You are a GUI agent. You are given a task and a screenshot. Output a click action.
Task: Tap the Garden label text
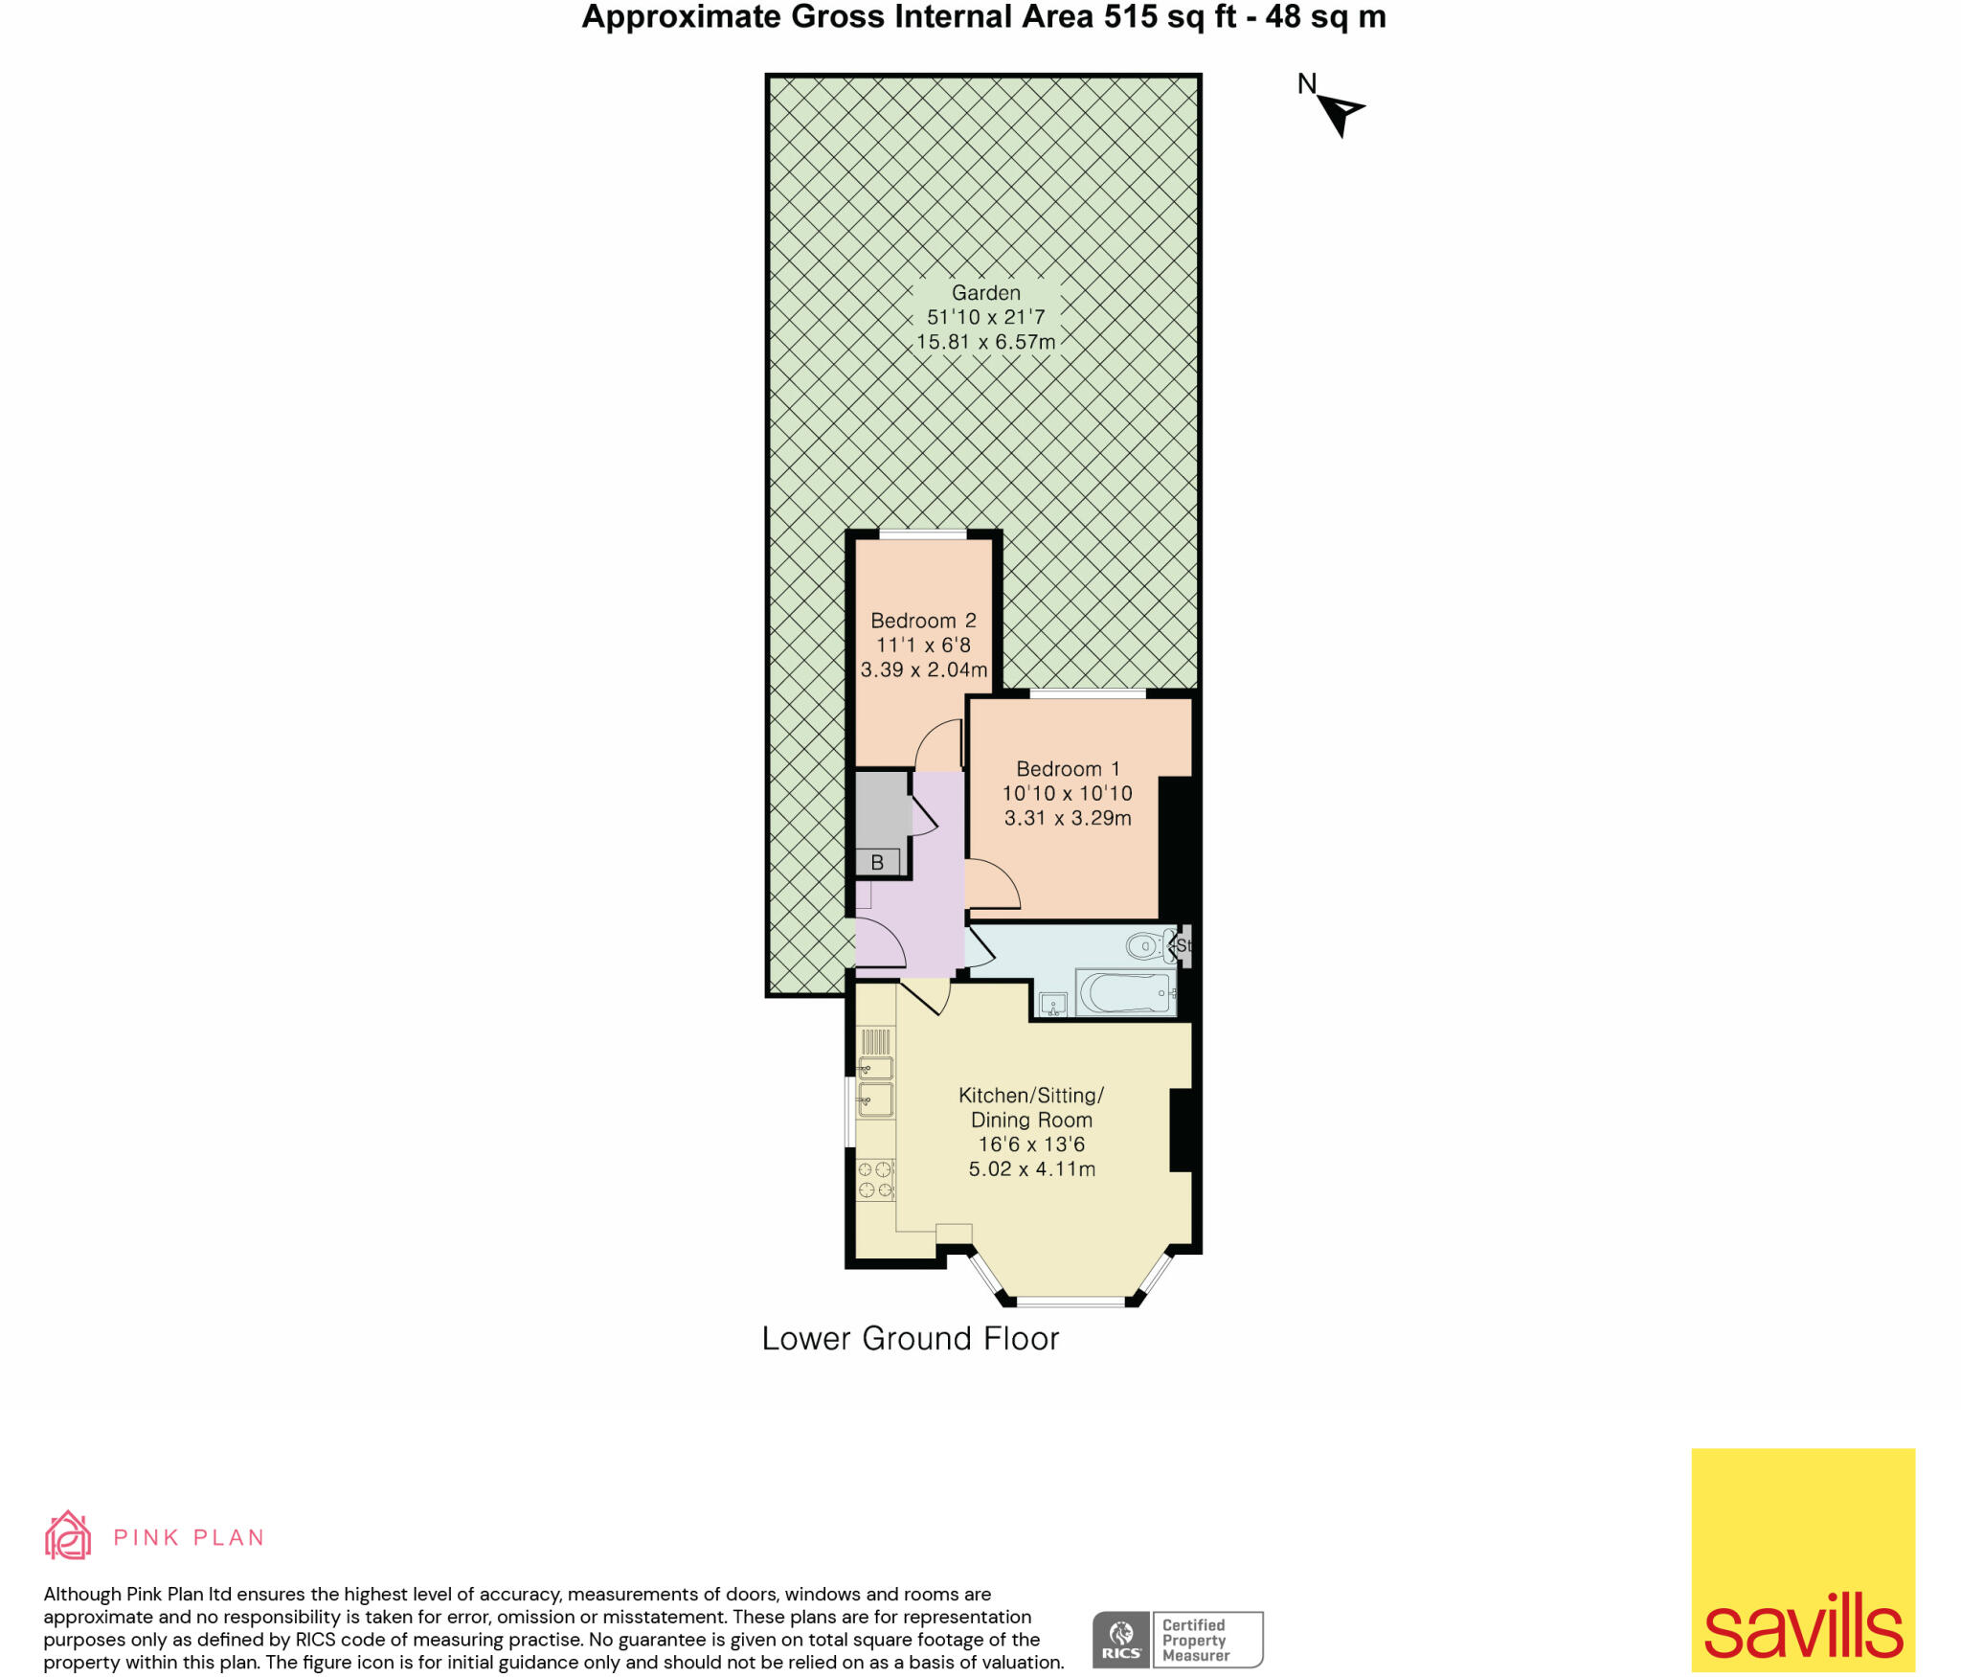coord(985,293)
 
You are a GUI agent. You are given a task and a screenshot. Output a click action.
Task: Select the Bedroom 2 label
coord(923,621)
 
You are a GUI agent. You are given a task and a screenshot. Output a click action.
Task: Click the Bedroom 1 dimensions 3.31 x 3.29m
coord(1068,818)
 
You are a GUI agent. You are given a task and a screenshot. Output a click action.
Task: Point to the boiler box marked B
coord(877,862)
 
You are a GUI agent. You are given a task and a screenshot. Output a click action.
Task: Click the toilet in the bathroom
coord(1148,946)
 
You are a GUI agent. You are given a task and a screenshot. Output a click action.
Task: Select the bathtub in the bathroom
coord(1126,993)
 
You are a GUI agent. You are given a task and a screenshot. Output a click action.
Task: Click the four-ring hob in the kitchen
coord(875,1179)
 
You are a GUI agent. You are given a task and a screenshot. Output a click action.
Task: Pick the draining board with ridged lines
coord(876,1041)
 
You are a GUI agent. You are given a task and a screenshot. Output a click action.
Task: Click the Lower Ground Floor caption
coord(910,1339)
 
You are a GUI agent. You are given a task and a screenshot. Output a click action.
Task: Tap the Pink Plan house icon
coord(68,1536)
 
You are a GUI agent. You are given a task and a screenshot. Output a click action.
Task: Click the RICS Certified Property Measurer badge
coord(1178,1640)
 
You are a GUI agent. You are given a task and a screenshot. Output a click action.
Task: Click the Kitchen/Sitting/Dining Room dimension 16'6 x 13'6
coord(1031,1144)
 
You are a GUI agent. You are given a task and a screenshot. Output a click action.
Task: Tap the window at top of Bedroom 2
coord(923,534)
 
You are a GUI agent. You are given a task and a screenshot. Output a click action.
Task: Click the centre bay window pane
coord(1071,1302)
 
